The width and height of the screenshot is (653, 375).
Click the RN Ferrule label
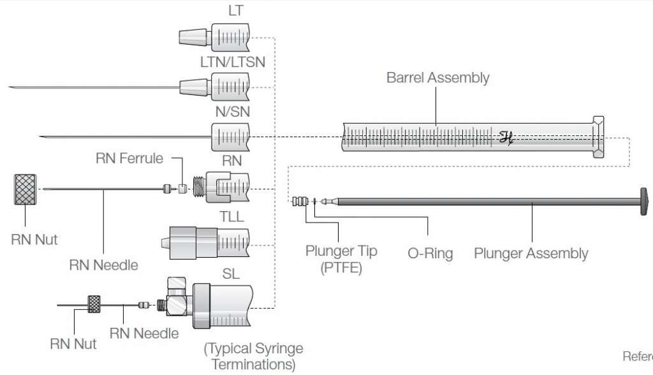129,158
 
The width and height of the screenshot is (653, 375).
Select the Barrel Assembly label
437,78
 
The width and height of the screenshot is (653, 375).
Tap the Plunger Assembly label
531,253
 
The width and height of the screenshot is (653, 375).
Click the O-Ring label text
430,253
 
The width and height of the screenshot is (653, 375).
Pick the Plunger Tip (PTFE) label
341,258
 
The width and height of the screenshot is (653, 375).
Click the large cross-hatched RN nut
26,189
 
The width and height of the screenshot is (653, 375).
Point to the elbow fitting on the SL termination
177,295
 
